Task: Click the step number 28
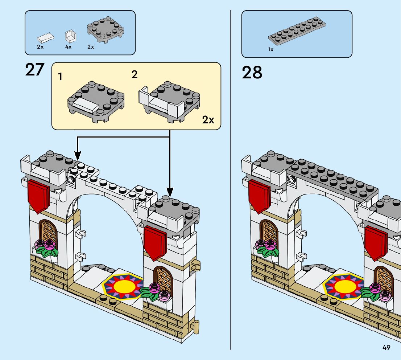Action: [252, 72]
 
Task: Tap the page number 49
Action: [386, 347]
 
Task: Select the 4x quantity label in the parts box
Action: [68, 47]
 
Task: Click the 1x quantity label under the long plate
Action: [271, 49]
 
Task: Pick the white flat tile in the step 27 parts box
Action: [46, 37]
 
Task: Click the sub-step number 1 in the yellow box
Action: [60, 77]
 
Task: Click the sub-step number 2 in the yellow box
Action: [135, 75]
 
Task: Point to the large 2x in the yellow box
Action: [208, 120]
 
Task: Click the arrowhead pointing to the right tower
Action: [170, 191]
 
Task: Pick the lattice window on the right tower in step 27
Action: [162, 279]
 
